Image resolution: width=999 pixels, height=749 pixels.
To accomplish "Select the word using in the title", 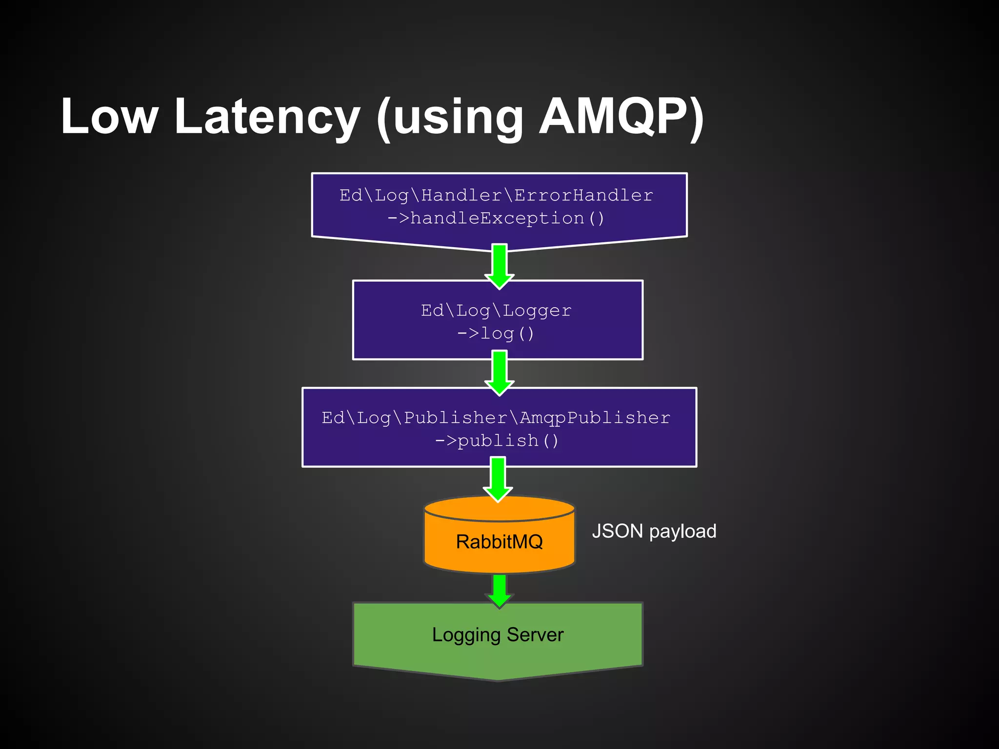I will pyautogui.click(x=458, y=117).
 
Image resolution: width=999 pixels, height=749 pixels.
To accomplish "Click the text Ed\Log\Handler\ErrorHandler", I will pyautogui.click(x=496, y=195).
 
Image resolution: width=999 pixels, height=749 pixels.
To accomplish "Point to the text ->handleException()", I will pyautogui.click(x=496, y=218).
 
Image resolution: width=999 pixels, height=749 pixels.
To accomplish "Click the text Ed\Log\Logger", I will pyautogui.click(x=496, y=310).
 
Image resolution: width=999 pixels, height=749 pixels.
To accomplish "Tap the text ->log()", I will pyautogui.click(x=496, y=334).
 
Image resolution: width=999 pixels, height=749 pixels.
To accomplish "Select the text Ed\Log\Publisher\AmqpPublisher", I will pyautogui.click(x=496, y=417).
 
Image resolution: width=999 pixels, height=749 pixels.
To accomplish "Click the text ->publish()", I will pyautogui.click(x=496, y=441).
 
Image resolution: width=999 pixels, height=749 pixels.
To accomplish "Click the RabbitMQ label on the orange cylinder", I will pyautogui.click(x=499, y=541).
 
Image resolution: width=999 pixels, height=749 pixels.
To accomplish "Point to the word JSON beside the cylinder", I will pyautogui.click(x=618, y=531).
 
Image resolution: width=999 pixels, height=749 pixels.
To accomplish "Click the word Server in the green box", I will pyautogui.click(x=535, y=634).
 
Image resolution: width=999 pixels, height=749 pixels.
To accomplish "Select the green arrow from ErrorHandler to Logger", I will pyautogui.click(x=499, y=266).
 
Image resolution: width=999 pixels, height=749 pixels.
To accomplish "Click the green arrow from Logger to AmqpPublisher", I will pyautogui.click(x=499, y=373).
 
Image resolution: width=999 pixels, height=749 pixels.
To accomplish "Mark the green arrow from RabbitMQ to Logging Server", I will pyautogui.click(x=499, y=591).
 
